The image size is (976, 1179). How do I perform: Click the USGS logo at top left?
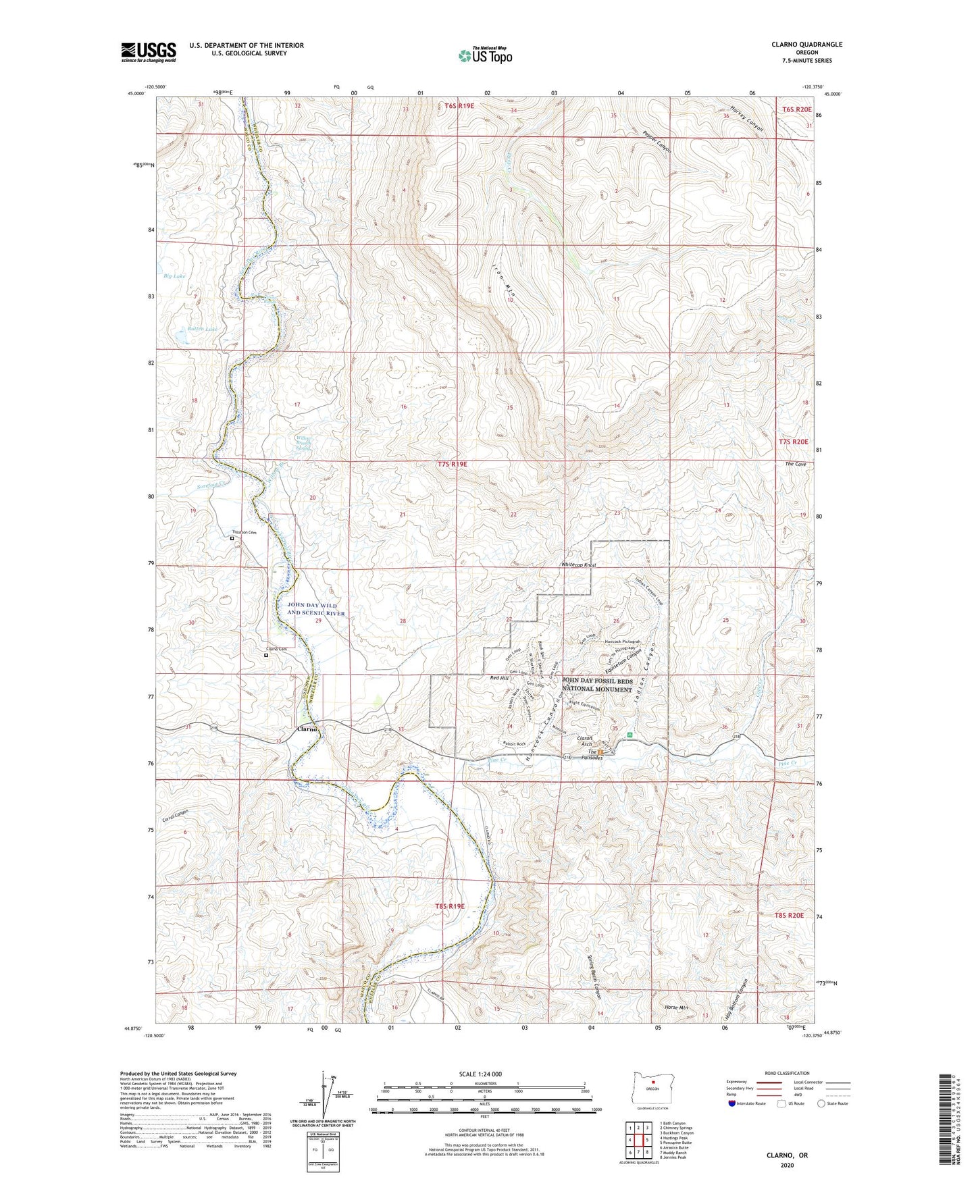point(149,52)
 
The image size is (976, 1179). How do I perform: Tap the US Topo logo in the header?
point(485,55)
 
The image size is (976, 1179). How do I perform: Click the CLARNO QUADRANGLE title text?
point(806,45)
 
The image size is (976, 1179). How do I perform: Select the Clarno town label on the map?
point(307,729)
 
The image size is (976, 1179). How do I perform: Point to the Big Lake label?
point(174,276)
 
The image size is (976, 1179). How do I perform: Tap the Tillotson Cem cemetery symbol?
point(232,539)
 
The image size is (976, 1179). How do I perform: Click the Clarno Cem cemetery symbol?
point(265,654)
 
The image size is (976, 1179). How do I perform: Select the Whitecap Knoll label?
point(578,565)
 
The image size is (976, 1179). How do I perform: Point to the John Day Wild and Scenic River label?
point(316,609)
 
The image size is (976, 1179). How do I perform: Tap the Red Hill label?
point(499,677)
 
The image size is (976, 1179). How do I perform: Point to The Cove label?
point(796,465)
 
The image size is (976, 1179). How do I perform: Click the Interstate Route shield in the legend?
point(732,1103)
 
